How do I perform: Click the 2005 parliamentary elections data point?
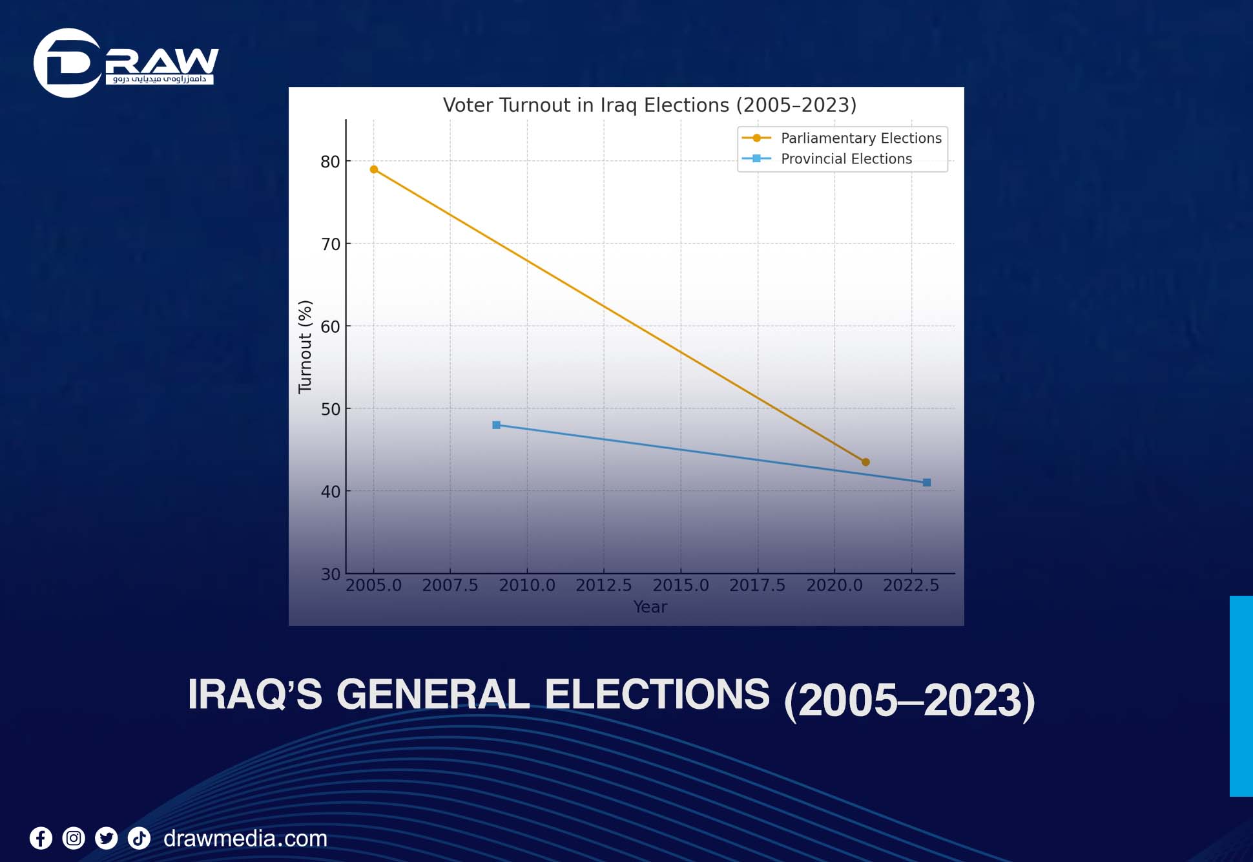pyautogui.click(x=374, y=169)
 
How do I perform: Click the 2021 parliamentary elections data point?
pyautogui.click(x=865, y=462)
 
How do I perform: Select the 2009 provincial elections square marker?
pyautogui.click(x=496, y=425)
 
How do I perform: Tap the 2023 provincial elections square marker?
pyautogui.click(x=927, y=483)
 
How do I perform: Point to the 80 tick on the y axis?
pyautogui.click(x=330, y=162)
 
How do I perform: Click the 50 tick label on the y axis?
pyautogui.click(x=330, y=409)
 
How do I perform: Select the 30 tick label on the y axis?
pyautogui.click(x=330, y=574)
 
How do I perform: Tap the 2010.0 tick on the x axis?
pyautogui.click(x=526, y=585)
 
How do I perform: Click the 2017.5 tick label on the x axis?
pyautogui.click(x=757, y=585)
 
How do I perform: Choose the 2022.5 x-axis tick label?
pyautogui.click(x=911, y=585)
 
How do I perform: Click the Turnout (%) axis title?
pyautogui.click(x=305, y=347)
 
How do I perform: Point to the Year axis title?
pyautogui.click(x=650, y=607)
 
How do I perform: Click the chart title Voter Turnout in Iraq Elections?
pyautogui.click(x=649, y=105)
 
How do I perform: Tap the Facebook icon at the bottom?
pyautogui.click(x=41, y=839)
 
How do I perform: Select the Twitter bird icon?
pyautogui.click(x=107, y=839)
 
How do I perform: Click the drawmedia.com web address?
pyautogui.click(x=245, y=839)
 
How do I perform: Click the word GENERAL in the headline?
pyautogui.click(x=433, y=695)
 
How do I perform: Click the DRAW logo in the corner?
pyautogui.click(x=126, y=63)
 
